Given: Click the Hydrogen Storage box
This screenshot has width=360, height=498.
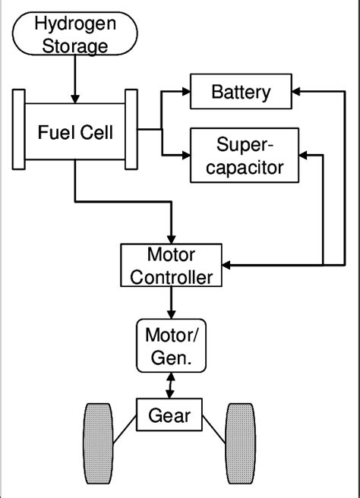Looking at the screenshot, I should [x=75, y=36].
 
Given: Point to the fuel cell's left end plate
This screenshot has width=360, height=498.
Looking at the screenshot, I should [x=19, y=130].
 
